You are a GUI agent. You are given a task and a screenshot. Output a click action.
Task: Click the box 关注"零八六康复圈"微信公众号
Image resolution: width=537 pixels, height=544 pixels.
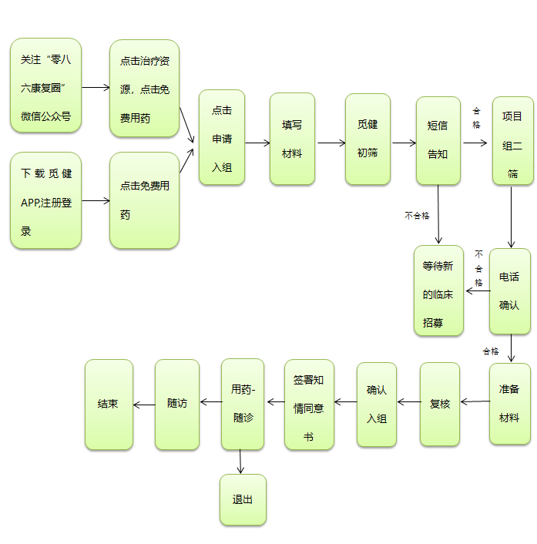[x=46, y=88]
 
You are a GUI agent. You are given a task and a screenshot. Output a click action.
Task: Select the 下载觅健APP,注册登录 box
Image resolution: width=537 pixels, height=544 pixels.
[x=46, y=200]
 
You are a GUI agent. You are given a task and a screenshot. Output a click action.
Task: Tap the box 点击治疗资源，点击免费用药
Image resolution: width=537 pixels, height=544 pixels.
[x=145, y=89]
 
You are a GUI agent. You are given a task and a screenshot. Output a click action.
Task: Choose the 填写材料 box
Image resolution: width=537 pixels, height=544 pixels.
[x=292, y=139]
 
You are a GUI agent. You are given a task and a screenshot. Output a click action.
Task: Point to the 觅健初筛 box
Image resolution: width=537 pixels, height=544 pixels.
[x=368, y=139]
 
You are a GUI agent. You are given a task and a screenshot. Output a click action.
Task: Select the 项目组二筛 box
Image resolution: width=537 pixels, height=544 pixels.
[x=512, y=139]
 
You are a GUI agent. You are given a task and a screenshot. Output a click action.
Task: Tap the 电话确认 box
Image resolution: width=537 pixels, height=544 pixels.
[x=509, y=291]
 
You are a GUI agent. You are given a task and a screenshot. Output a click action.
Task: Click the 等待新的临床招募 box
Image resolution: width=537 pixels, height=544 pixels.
[x=438, y=290]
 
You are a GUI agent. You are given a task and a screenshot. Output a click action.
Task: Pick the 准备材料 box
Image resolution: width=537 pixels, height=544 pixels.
[x=509, y=404]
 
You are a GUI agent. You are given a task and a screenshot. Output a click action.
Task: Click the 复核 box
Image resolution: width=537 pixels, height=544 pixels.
[x=440, y=404]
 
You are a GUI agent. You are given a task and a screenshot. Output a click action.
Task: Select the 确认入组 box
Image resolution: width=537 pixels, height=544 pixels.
[x=377, y=405]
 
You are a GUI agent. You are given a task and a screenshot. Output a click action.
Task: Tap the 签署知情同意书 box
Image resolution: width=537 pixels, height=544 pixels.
[x=309, y=405]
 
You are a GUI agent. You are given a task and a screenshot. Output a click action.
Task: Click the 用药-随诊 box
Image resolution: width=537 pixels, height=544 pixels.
[x=243, y=404]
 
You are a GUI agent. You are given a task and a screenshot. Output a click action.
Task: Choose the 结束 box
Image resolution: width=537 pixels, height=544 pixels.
[x=108, y=404]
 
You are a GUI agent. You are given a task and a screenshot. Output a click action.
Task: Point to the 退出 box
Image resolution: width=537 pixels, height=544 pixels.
[x=243, y=499]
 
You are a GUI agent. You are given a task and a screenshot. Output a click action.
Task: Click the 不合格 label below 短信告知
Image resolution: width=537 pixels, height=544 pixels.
[x=417, y=216]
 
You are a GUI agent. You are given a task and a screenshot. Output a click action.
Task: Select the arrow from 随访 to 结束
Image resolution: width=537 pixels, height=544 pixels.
[x=144, y=404]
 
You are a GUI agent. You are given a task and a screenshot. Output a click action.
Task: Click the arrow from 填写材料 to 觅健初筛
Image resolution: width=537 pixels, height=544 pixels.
[x=331, y=143]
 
